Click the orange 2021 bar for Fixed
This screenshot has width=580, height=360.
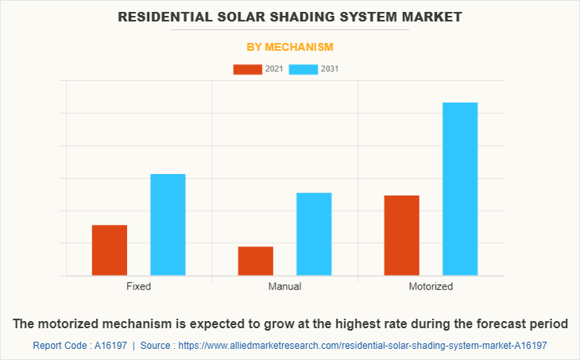[x=110, y=250]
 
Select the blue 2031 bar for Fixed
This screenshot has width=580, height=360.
[x=168, y=225]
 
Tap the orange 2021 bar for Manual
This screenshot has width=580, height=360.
[x=256, y=261]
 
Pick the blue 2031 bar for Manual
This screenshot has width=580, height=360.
[x=314, y=234]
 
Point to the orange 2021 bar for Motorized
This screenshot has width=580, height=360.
[x=402, y=235]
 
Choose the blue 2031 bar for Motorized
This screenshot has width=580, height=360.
[x=460, y=189]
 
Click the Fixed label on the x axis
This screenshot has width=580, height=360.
[x=138, y=286]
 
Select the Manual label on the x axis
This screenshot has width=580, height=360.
[x=284, y=286]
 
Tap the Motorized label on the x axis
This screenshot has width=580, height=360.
[x=431, y=286]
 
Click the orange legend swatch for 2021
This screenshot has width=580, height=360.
[x=247, y=69]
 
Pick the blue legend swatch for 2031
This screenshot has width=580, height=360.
[x=304, y=69]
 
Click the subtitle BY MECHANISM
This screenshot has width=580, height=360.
[x=290, y=47]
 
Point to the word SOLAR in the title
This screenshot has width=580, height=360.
[x=229, y=17]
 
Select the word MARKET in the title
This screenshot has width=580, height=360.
[x=435, y=17]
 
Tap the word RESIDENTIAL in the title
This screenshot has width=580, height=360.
[x=157, y=17]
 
